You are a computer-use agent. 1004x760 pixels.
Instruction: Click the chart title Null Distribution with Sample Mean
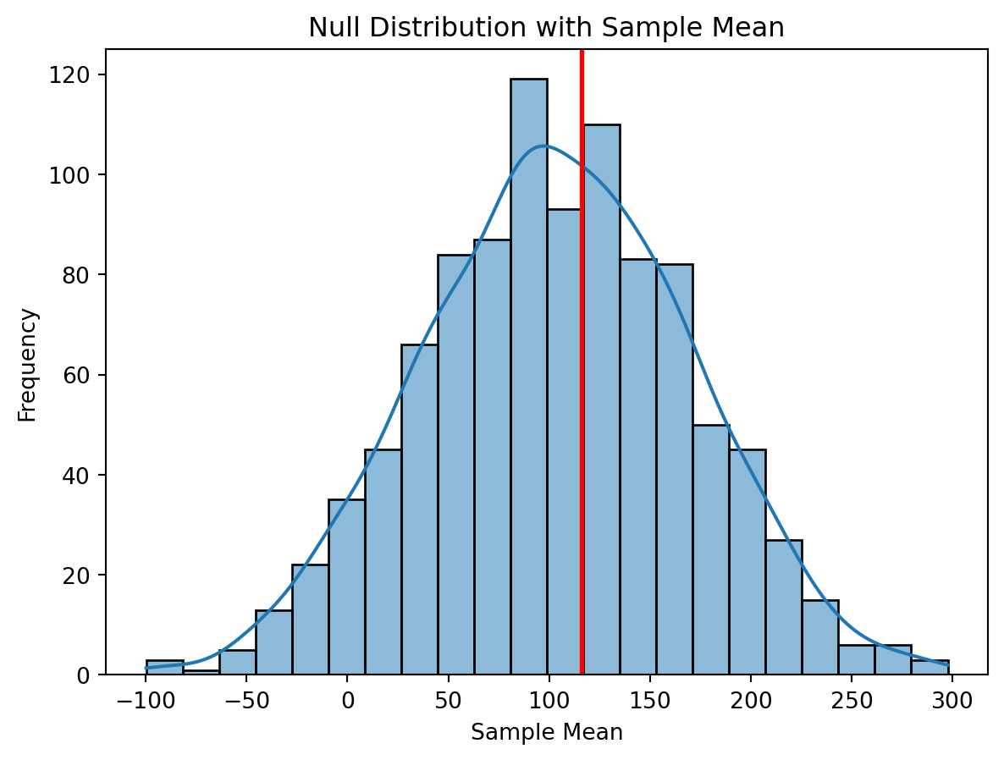pyautogui.click(x=546, y=28)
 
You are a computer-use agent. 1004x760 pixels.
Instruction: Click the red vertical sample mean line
pyautogui.click(x=582, y=339)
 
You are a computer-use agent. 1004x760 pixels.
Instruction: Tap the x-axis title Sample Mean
pyautogui.click(x=546, y=733)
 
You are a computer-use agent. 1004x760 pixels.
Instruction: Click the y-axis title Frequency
pyautogui.click(x=27, y=365)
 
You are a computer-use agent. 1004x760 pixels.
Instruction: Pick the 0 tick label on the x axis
pyautogui.click(x=347, y=701)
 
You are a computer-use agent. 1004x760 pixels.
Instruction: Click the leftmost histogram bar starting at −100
pyautogui.click(x=164, y=668)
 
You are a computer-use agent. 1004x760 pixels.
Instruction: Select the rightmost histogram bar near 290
pyautogui.click(x=930, y=668)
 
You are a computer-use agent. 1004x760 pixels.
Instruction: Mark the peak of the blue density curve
pyautogui.click(x=543, y=146)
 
